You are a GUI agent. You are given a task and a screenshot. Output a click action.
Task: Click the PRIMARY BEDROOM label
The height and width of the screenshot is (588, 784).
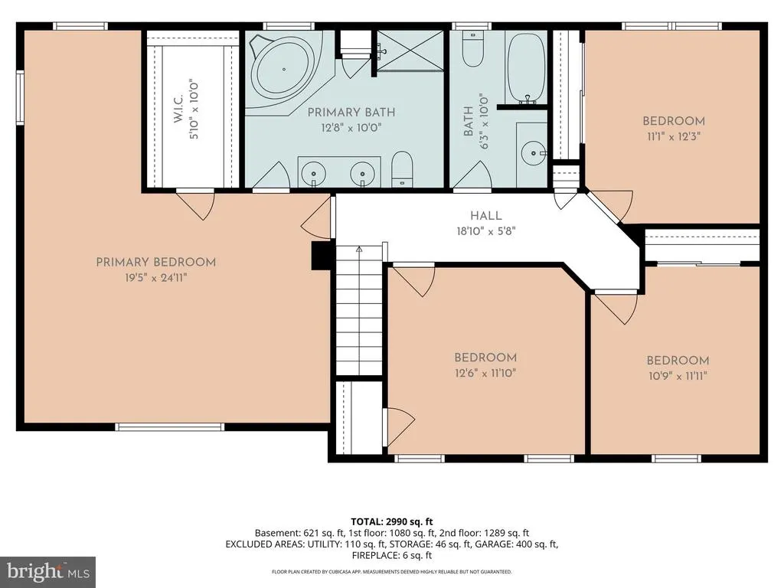156,262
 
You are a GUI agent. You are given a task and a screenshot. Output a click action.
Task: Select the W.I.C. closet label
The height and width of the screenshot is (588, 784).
178,108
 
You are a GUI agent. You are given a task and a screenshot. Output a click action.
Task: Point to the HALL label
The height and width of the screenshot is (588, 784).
485,216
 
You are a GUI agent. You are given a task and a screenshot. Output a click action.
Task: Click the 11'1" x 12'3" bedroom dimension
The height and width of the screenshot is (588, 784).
674,136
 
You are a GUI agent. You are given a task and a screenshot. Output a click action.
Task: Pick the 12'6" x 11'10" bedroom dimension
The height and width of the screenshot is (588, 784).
485,373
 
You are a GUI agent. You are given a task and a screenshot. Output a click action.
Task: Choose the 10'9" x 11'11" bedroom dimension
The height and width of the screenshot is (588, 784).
678,376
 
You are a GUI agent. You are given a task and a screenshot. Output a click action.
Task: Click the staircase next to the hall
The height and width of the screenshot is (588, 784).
359,309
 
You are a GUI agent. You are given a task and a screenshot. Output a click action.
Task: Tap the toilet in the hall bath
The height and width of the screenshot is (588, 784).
472,48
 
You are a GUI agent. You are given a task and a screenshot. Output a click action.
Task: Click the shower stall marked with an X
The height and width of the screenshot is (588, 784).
410,51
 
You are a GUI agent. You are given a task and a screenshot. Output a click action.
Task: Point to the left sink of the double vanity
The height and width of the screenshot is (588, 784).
314,173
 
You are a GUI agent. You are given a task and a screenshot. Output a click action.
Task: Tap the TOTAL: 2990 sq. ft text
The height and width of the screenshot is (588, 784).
391,522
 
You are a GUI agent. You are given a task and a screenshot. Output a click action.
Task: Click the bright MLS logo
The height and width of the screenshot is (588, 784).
48,571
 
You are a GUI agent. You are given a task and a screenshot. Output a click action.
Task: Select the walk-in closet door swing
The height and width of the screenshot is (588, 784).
196,205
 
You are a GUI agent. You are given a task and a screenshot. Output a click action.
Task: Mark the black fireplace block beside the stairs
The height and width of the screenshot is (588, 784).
323,255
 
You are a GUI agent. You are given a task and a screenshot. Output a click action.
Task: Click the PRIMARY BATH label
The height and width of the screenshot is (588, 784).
351,113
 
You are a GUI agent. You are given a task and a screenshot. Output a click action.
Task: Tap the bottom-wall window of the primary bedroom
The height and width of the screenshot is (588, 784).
169,427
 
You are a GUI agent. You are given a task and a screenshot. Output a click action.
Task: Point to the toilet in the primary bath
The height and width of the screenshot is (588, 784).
401,169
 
